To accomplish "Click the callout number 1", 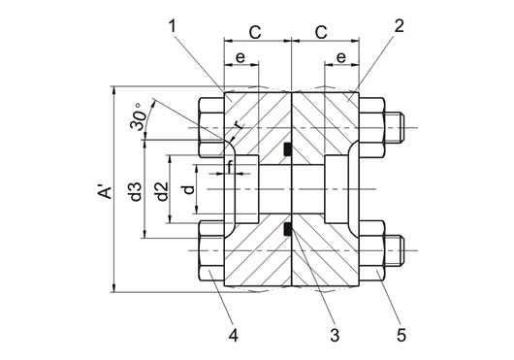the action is (173, 26).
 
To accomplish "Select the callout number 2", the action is (399, 26).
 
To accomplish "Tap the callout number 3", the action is (335, 335).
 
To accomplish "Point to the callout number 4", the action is (233, 335).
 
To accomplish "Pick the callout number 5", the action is (402, 335).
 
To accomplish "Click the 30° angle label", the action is (138, 116).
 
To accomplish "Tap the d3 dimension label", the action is (136, 192).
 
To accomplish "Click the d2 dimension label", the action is (162, 191).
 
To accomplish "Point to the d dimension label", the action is (189, 189).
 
